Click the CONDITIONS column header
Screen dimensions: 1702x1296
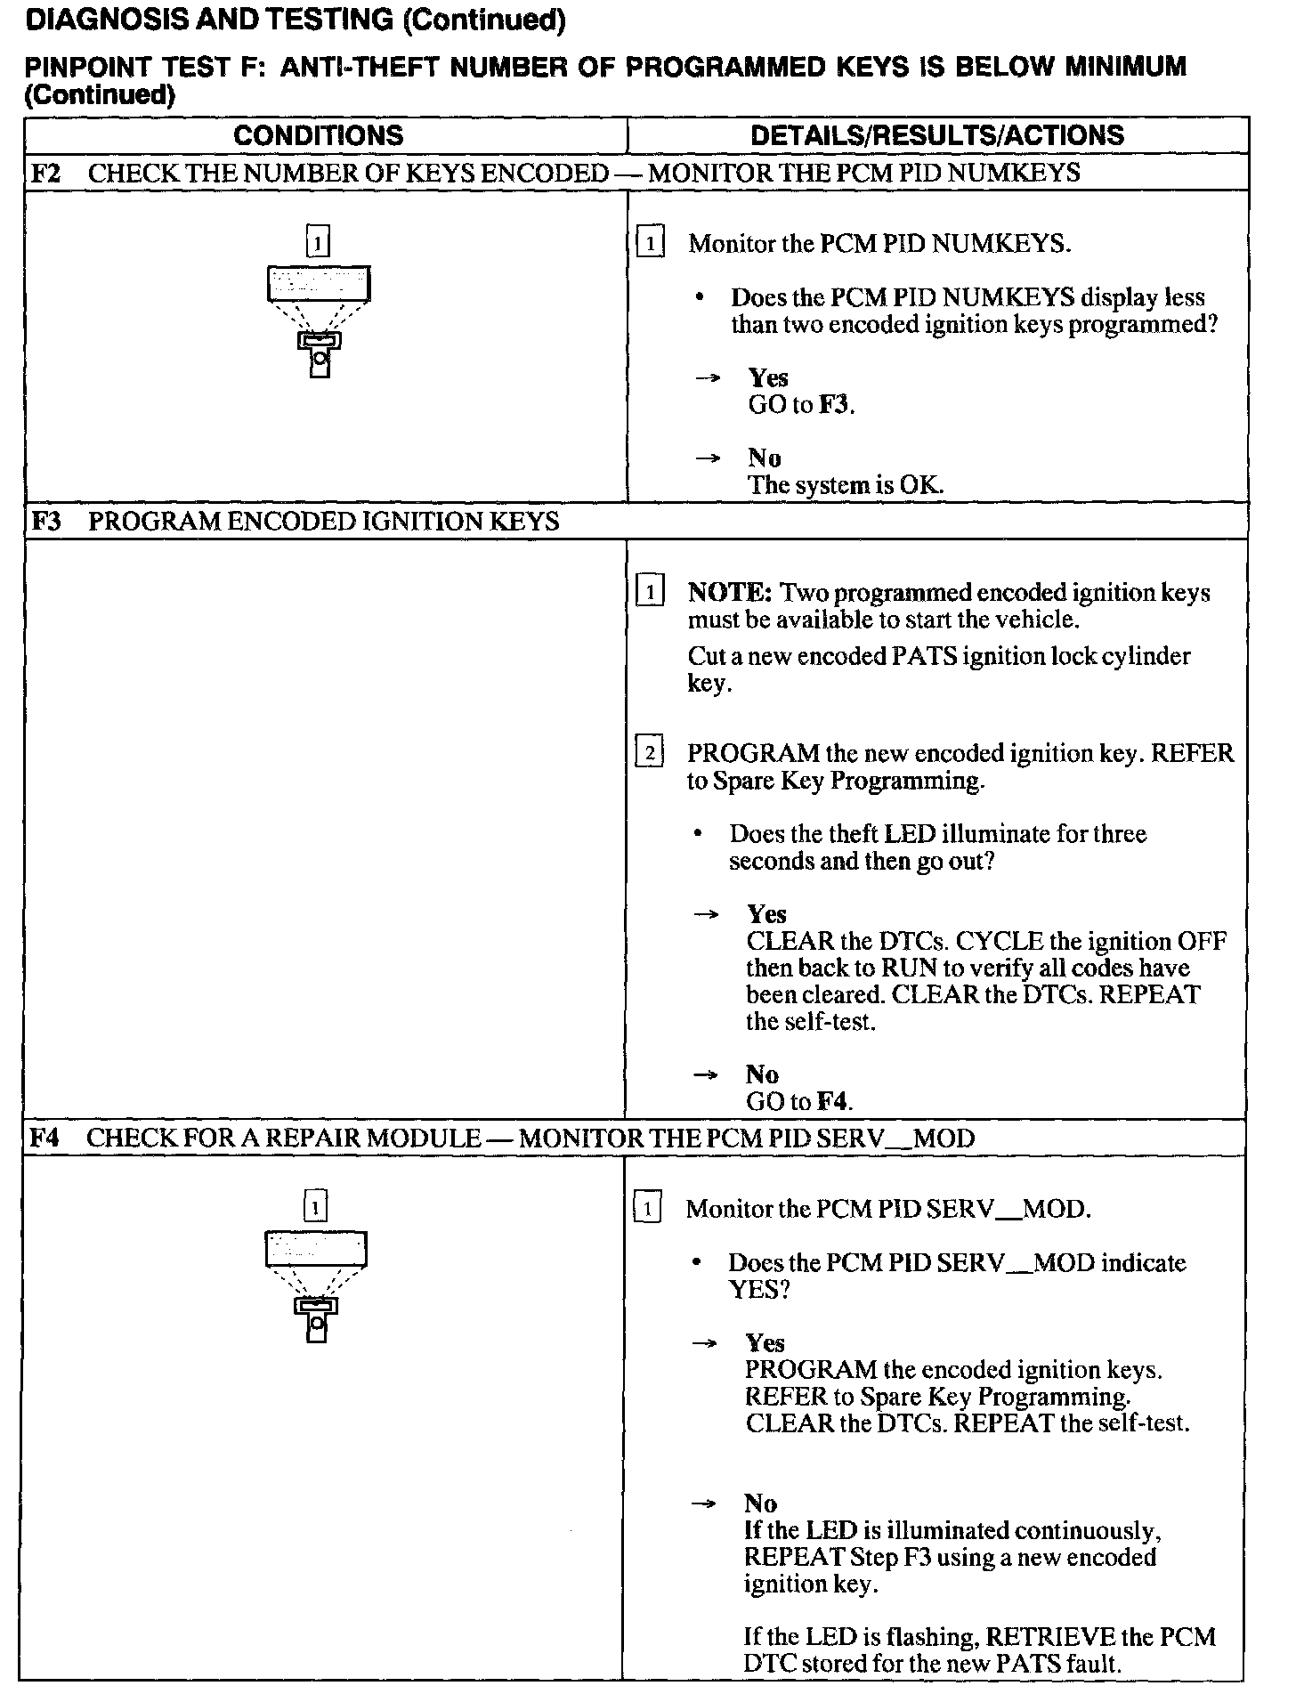(318, 135)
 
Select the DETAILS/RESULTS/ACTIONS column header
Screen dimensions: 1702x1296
(936, 135)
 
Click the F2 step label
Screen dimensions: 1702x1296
(45, 173)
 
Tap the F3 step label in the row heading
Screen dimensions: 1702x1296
(45, 521)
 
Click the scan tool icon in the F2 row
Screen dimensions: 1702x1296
(319, 320)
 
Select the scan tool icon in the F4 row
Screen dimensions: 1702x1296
(316, 1285)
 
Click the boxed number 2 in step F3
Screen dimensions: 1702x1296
(650, 754)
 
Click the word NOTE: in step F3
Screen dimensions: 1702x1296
(729, 593)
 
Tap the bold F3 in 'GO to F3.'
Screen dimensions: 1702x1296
(834, 405)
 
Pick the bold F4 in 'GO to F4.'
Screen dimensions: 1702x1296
(832, 1101)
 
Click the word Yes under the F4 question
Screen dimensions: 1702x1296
(765, 1342)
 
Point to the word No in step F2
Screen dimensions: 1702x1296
(764, 458)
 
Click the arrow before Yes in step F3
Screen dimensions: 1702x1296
(706, 914)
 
